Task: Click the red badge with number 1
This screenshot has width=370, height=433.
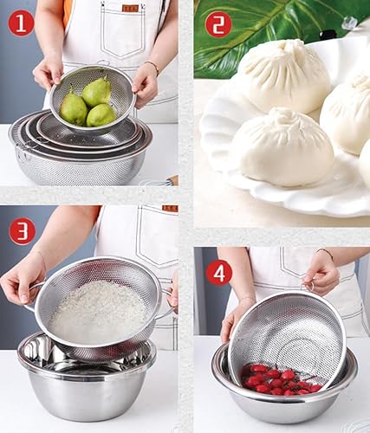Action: [x=21, y=24]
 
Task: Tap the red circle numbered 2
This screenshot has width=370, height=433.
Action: [x=218, y=24]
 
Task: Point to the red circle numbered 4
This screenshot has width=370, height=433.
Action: [x=218, y=274]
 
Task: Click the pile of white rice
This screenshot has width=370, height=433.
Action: [x=97, y=311]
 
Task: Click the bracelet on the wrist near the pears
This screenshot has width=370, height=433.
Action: [x=153, y=67]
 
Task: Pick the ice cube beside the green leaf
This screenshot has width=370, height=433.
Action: [x=350, y=23]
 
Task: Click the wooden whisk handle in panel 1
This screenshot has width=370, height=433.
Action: [x=172, y=180]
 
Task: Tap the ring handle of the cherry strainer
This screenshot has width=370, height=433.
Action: [x=310, y=288]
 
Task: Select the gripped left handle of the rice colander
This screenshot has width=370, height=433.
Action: [x=34, y=293]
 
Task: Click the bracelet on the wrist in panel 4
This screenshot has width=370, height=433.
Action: [x=325, y=253]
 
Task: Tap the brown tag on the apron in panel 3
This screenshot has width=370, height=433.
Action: [x=170, y=209]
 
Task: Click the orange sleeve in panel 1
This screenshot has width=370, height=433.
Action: [x=67, y=13]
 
